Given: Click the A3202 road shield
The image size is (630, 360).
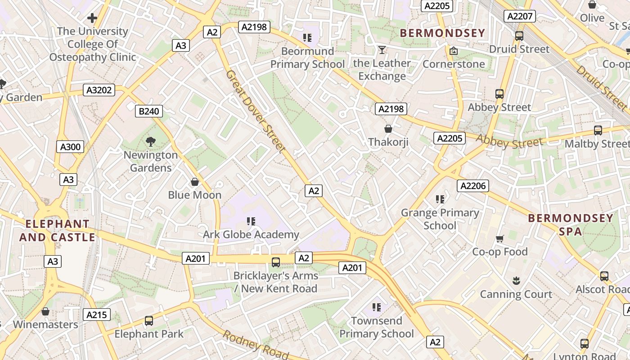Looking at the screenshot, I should [x=99, y=90].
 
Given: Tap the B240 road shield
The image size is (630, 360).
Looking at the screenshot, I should [x=149, y=111].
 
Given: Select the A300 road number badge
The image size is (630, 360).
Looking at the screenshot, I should [x=70, y=147].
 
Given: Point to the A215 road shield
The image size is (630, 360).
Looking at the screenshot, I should [x=97, y=315].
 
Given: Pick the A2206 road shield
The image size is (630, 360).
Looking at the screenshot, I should [x=473, y=186].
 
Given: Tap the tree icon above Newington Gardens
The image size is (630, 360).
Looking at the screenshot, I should [x=151, y=142].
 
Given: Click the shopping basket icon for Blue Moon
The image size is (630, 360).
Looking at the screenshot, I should [x=195, y=182].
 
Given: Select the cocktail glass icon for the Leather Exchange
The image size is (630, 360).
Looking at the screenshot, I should [x=382, y=50].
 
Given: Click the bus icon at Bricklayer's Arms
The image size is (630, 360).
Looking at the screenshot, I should [x=276, y=262].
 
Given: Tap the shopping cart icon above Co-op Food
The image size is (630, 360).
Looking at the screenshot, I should [x=500, y=238].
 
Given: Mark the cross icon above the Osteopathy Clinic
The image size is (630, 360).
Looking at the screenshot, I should [x=92, y=18].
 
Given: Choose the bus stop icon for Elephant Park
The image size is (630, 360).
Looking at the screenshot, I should [x=149, y=321].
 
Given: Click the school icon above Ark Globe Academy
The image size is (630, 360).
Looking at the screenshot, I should [x=251, y=221].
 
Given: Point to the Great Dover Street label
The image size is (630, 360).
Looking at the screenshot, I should [x=256, y=111].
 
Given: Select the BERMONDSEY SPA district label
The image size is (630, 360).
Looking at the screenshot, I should [x=571, y=225].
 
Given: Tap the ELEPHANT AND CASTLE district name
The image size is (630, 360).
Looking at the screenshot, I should [x=58, y=230].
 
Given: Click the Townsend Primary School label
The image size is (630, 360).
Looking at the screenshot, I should [x=376, y=327].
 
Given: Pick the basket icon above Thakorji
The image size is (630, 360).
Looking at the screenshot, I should [x=388, y=129].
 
